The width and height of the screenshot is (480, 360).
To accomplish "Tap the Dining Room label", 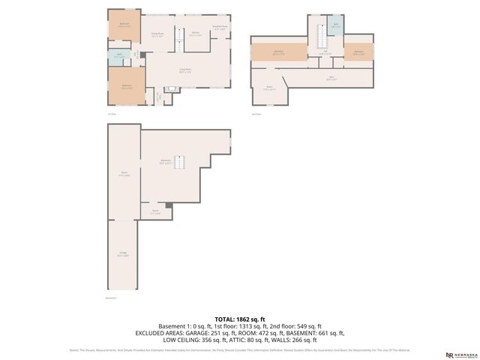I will (157, 34).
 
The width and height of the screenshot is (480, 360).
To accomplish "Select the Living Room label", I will (184, 70).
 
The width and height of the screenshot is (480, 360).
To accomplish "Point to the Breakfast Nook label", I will (220, 28).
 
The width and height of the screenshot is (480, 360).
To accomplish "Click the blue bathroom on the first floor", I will (119, 55).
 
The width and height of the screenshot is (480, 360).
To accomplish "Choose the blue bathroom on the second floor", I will (336, 25).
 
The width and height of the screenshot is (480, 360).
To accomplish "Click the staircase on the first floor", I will (179, 39).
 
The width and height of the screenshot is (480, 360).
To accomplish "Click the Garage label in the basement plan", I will (123, 254).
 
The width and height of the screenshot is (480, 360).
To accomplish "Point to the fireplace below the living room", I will (172, 89).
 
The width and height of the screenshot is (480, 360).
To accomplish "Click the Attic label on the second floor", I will (331, 77).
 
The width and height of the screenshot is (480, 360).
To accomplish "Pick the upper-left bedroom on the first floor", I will (124, 24).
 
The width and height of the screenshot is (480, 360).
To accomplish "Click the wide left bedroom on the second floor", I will (278, 52).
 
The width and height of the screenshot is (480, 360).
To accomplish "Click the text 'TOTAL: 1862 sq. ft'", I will (240, 319).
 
